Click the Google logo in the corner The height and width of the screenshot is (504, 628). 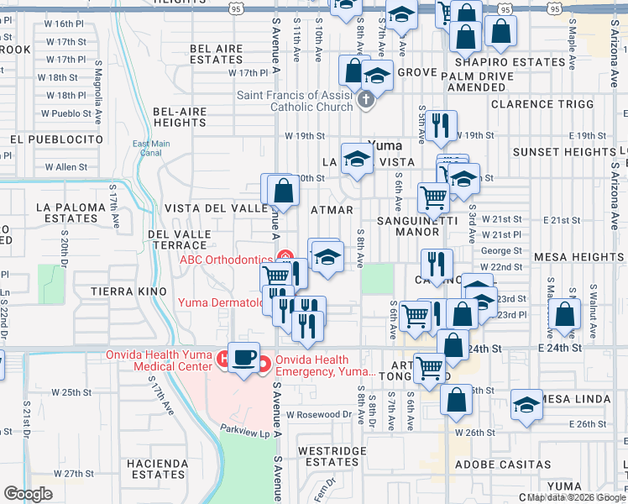pos(28,494)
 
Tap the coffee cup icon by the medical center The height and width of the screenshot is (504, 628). pos(243,359)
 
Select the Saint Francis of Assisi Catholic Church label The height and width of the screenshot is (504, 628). pos(294,101)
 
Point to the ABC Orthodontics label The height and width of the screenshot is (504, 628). pos(226,259)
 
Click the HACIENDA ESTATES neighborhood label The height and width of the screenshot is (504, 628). pos(157,469)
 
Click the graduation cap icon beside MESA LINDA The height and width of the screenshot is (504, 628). pos(526,405)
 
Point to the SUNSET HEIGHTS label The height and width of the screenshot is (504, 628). pos(564,152)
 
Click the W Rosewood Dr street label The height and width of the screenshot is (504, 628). pos(318,414)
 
